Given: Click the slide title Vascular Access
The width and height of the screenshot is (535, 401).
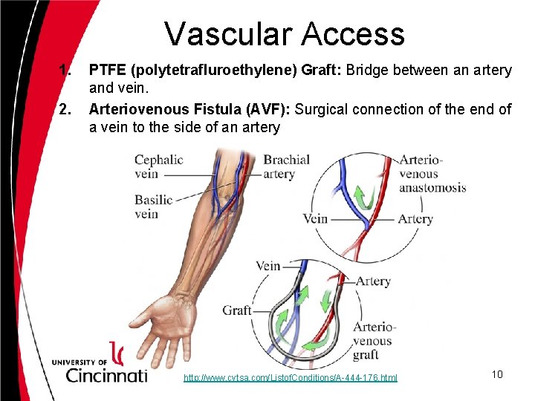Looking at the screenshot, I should (284, 33).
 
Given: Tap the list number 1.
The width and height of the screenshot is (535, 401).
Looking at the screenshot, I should (65, 71).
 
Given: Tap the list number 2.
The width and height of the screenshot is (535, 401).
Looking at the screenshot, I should (65, 109).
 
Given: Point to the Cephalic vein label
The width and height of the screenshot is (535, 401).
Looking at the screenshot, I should (158, 167).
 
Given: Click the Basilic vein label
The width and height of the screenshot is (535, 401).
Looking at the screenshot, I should (153, 206).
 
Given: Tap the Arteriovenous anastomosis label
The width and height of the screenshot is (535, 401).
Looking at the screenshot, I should (432, 173).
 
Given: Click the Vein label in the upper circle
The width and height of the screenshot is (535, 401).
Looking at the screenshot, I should (315, 218).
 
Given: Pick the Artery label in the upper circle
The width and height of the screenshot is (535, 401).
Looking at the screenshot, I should (415, 218).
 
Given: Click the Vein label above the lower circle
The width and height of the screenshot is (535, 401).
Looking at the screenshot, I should (267, 265).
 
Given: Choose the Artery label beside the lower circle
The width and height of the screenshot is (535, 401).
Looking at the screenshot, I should (372, 281).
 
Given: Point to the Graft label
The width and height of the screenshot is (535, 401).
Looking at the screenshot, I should (237, 310).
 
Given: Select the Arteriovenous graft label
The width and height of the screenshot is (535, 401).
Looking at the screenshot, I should (372, 341).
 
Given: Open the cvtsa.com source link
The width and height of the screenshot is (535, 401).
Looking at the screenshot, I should (291, 378).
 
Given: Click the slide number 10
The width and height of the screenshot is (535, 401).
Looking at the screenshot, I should (496, 374).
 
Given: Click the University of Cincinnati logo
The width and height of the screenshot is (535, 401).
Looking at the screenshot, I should (100, 365).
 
